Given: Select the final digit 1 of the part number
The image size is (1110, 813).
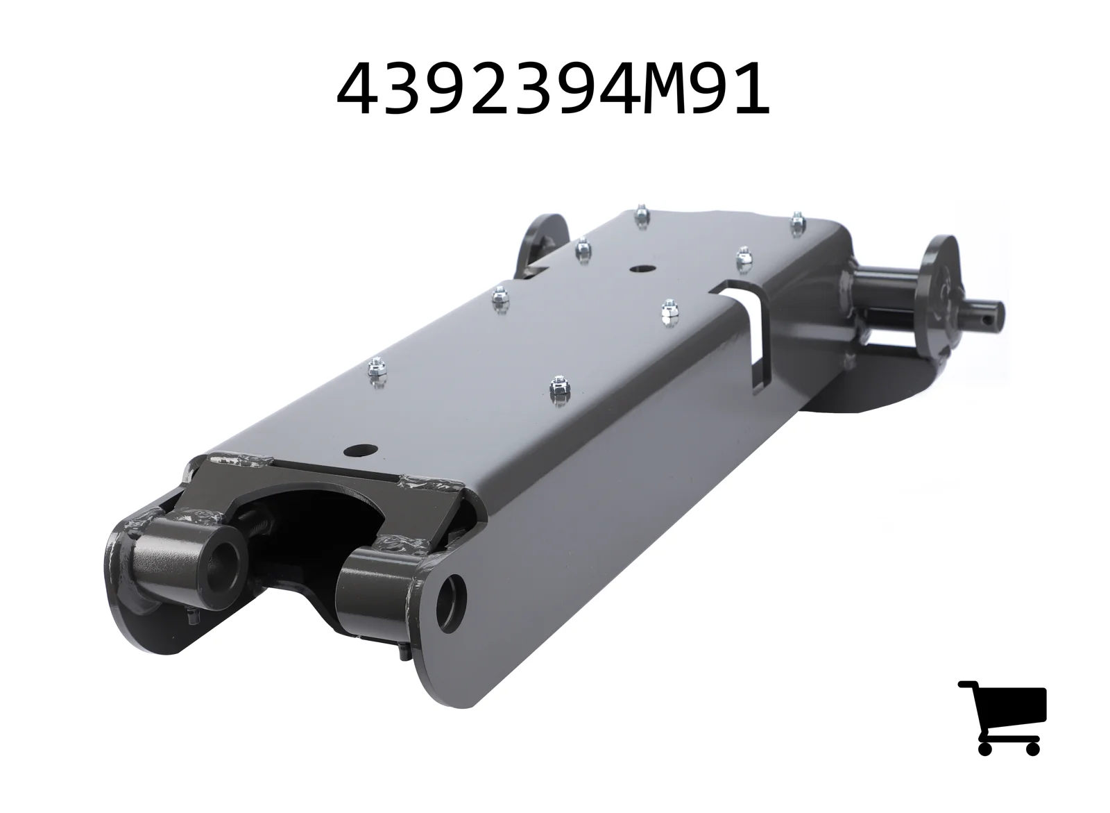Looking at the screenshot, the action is (750, 89).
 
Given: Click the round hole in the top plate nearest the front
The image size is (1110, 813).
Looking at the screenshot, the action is (361, 450).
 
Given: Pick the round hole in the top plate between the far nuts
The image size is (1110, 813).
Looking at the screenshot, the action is (641, 269).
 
